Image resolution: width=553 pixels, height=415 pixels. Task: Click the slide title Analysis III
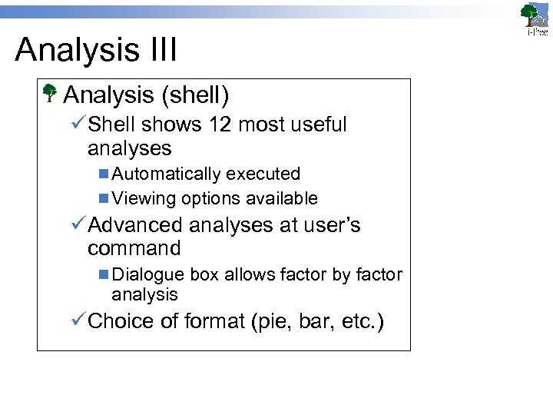(x=96, y=50)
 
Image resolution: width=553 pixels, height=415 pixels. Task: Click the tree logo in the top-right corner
(x=534, y=18)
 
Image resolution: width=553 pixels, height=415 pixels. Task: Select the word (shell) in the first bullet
(x=195, y=95)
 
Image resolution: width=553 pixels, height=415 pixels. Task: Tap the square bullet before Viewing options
(x=104, y=198)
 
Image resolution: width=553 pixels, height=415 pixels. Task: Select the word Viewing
(x=144, y=198)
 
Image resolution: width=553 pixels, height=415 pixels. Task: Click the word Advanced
(x=135, y=225)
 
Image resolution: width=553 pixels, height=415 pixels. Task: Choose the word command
(x=134, y=248)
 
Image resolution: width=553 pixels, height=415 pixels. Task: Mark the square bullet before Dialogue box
(x=104, y=274)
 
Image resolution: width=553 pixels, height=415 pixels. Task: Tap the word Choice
(x=122, y=320)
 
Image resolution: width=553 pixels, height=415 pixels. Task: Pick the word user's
(x=331, y=225)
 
